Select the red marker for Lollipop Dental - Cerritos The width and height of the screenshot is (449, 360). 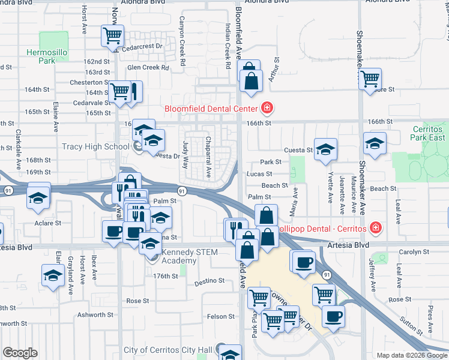point(375,229)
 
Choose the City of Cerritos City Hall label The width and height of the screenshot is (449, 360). point(167,350)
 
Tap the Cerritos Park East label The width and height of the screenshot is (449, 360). point(429,134)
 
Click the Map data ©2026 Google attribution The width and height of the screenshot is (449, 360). point(411,355)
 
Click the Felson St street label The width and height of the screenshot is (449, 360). point(221,316)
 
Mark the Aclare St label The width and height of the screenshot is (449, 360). point(49,223)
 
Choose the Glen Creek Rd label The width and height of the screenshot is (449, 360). point(148,68)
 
